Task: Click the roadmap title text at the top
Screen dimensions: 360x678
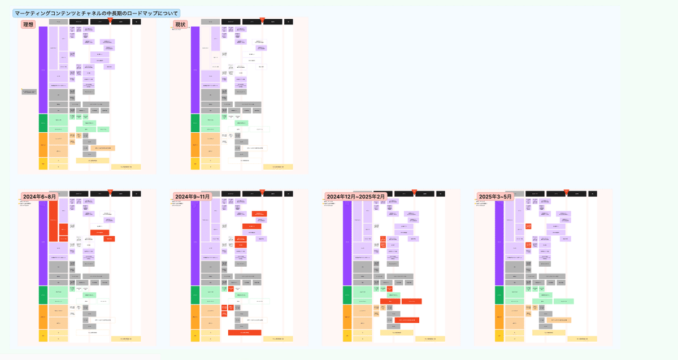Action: tap(96, 12)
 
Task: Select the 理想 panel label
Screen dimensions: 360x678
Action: tap(28, 24)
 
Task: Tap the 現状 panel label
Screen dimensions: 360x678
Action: tap(179, 24)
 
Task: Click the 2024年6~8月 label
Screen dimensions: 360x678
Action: tap(39, 196)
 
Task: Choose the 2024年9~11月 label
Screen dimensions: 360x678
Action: tap(193, 196)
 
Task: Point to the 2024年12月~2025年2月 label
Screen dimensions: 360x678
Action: tap(356, 196)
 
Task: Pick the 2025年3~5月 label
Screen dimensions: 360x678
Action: tap(496, 196)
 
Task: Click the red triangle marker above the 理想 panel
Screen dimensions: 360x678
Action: tap(110, 20)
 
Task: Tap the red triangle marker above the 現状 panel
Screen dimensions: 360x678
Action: tap(262, 20)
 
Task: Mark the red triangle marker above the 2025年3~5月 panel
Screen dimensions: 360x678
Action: tap(567, 192)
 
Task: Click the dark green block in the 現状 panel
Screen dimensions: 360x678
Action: tap(195, 123)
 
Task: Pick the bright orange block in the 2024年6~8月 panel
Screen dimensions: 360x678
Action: tap(43, 317)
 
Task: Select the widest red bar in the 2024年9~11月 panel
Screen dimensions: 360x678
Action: tap(244, 332)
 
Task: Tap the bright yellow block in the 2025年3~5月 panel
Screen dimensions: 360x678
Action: tap(499, 336)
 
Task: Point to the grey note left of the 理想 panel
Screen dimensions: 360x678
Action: tap(29, 92)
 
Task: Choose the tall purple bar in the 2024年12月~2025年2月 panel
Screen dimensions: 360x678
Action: tap(347, 243)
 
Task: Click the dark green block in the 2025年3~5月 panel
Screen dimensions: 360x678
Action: tap(499, 295)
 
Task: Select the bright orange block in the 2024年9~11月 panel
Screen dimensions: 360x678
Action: tap(195, 317)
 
